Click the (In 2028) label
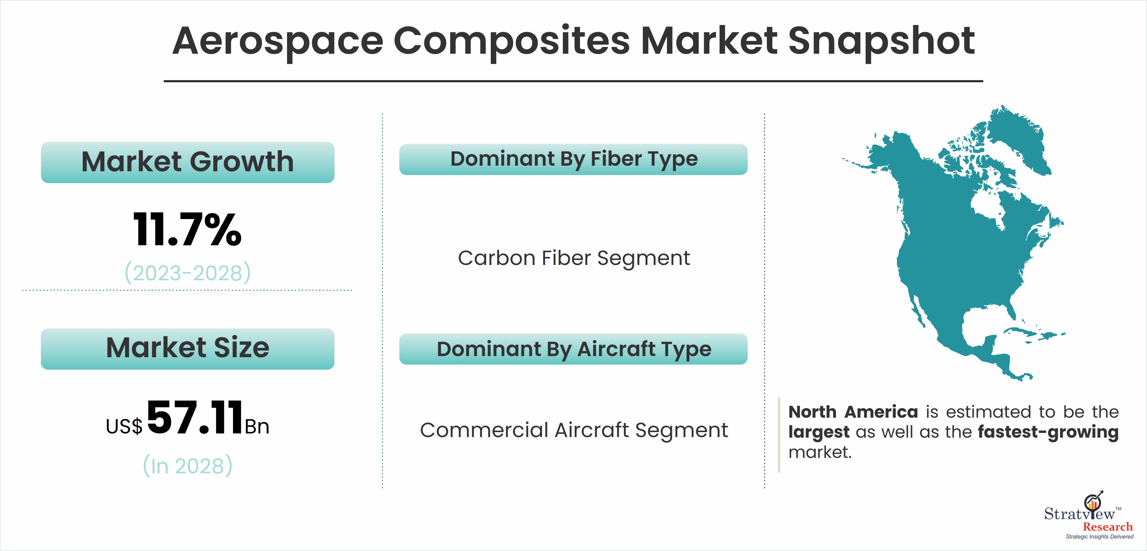click(x=187, y=465)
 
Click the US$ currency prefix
click(x=124, y=426)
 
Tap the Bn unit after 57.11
click(x=257, y=427)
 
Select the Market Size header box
click(x=187, y=349)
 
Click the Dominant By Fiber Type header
click(x=573, y=159)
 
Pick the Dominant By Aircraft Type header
click(x=573, y=349)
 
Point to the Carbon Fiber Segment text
click(x=574, y=258)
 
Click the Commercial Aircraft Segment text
click(x=574, y=430)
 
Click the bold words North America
click(x=853, y=412)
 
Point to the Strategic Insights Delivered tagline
click(x=1099, y=537)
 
